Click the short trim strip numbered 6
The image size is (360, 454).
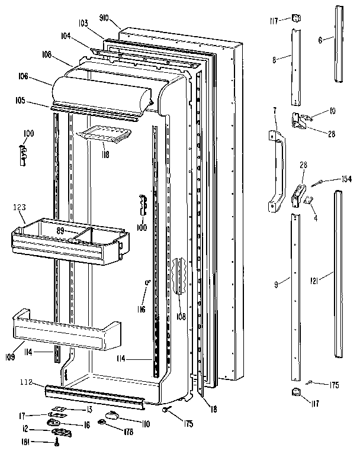pyautogui.click(x=339, y=44)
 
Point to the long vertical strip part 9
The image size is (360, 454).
pyautogui.click(x=295, y=296)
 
